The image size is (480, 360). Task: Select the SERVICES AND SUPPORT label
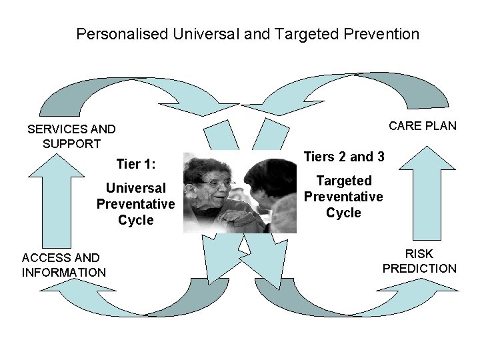pyautogui.click(x=71, y=136)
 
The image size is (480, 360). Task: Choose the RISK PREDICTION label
pyautogui.click(x=419, y=261)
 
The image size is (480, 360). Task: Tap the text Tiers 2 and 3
pyautogui.click(x=344, y=157)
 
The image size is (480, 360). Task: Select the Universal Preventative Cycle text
pyautogui.click(x=135, y=204)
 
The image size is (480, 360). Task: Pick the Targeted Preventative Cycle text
pyautogui.click(x=343, y=197)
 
